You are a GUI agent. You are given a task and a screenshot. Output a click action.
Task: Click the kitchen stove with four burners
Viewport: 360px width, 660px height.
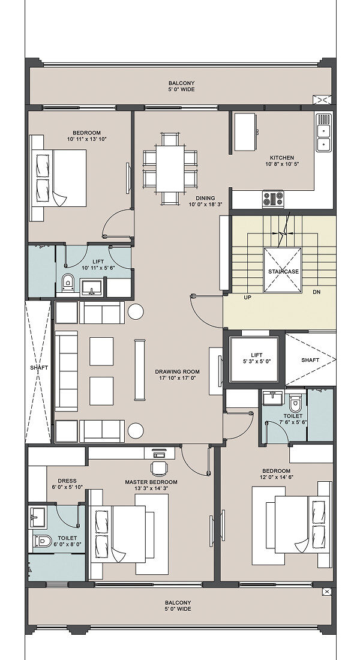point(273,199)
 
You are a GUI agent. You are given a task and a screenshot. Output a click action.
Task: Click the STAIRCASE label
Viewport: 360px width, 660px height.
point(283,271)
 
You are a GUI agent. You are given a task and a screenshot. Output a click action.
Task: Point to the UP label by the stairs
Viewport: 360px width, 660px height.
point(248,297)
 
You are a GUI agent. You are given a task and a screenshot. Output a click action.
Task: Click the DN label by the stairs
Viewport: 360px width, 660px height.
point(317,292)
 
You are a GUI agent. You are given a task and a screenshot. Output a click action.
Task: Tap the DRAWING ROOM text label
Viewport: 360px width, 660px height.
point(177,371)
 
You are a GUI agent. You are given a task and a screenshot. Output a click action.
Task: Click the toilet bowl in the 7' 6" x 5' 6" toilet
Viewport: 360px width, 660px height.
point(295,402)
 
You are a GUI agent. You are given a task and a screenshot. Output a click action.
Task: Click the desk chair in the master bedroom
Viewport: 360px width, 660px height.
point(159,467)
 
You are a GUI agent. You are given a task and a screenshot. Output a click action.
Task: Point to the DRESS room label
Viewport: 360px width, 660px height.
point(67,481)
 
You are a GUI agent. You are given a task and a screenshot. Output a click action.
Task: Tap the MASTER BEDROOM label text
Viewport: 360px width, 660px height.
point(151,482)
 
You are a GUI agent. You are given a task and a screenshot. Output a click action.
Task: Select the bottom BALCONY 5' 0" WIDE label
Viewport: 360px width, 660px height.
point(178,606)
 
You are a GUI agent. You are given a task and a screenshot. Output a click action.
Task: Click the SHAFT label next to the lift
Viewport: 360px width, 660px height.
point(310,360)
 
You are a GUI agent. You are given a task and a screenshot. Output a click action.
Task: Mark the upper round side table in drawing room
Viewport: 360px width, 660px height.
point(136,311)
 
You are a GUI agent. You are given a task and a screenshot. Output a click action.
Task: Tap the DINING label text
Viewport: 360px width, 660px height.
point(205,198)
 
